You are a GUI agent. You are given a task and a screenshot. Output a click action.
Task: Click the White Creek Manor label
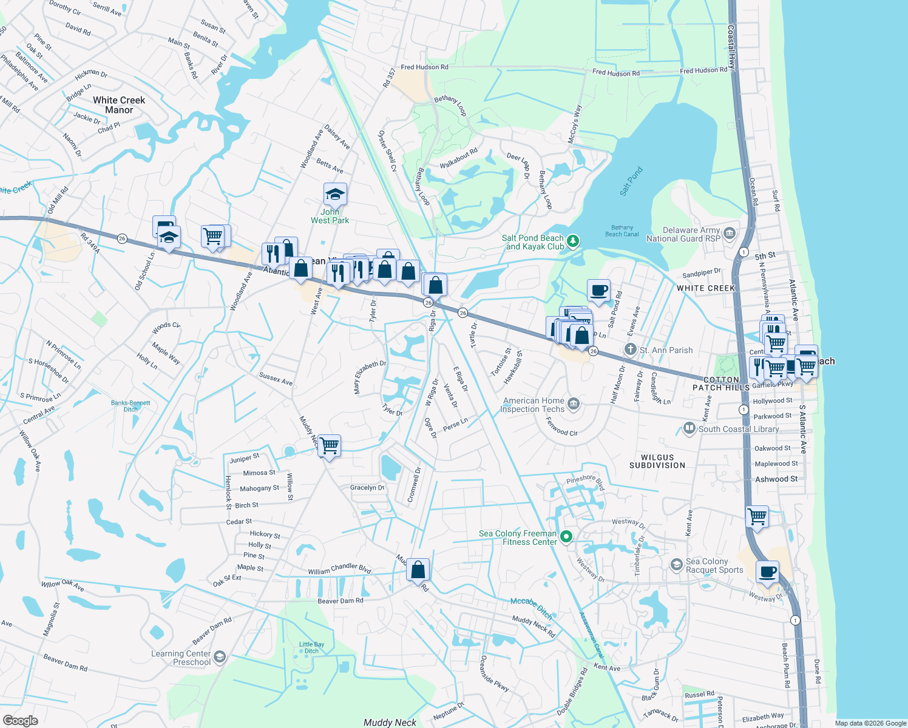pyautogui.click(x=119, y=105)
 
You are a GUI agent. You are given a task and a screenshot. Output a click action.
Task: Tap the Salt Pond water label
pyautogui.click(x=631, y=181)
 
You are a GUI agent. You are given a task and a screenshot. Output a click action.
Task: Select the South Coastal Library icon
pyautogui.click(x=689, y=428)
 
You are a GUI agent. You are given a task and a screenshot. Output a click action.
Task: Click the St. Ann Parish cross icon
pyautogui.click(x=631, y=349)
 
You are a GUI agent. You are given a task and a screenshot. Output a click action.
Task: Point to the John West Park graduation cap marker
pyautogui.click(x=335, y=195)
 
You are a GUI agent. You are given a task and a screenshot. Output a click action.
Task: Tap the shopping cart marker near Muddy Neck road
pyautogui.click(x=329, y=446)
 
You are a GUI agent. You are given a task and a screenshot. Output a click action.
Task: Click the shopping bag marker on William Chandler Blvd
pyautogui.click(x=418, y=570)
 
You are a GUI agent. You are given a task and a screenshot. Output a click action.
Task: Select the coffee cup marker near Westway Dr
pyautogui.click(x=767, y=572)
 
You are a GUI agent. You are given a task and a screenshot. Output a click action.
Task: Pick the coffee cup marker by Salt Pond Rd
pyautogui.click(x=598, y=290)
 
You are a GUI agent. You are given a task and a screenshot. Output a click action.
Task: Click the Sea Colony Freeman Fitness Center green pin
pyautogui.click(x=566, y=536)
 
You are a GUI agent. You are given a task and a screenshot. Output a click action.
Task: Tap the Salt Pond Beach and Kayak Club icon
pyautogui.click(x=573, y=242)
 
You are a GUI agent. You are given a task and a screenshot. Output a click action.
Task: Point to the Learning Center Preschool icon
pyautogui.click(x=220, y=657)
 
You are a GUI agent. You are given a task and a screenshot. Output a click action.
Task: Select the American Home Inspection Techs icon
pyautogui.click(x=574, y=404)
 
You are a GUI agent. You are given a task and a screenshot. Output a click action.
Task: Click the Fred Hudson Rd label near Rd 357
pyautogui.click(x=424, y=67)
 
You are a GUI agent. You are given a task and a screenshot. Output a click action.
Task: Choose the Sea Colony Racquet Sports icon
pyautogui.click(x=676, y=565)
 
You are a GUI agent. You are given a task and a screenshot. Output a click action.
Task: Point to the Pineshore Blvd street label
pyautogui.click(x=585, y=482)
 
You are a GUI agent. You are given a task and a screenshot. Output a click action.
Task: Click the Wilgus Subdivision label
pyautogui.click(x=657, y=461)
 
